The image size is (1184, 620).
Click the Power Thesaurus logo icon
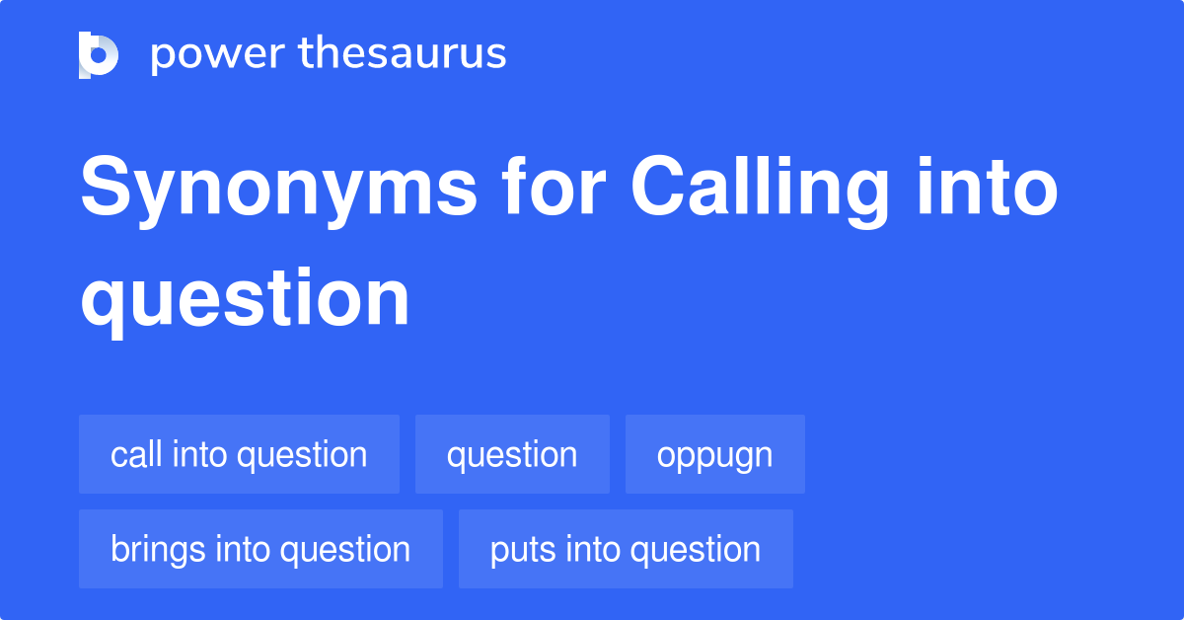click(x=99, y=54)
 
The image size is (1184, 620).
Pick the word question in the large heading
click(x=245, y=299)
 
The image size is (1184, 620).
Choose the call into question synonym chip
click(x=239, y=454)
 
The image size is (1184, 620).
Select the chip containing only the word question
click(x=512, y=454)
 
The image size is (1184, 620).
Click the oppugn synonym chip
click(x=715, y=454)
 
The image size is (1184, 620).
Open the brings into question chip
click(x=260, y=549)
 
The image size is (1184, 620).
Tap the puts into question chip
click(x=626, y=549)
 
